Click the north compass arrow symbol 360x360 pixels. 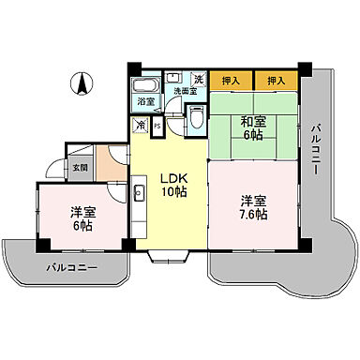click(x=82, y=83)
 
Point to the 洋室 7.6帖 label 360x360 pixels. click(x=251, y=207)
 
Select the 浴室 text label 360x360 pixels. click(x=146, y=100)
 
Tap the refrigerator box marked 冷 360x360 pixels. click(x=140, y=124)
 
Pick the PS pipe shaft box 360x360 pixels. click(x=157, y=124)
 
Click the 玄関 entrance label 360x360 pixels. click(x=78, y=168)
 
